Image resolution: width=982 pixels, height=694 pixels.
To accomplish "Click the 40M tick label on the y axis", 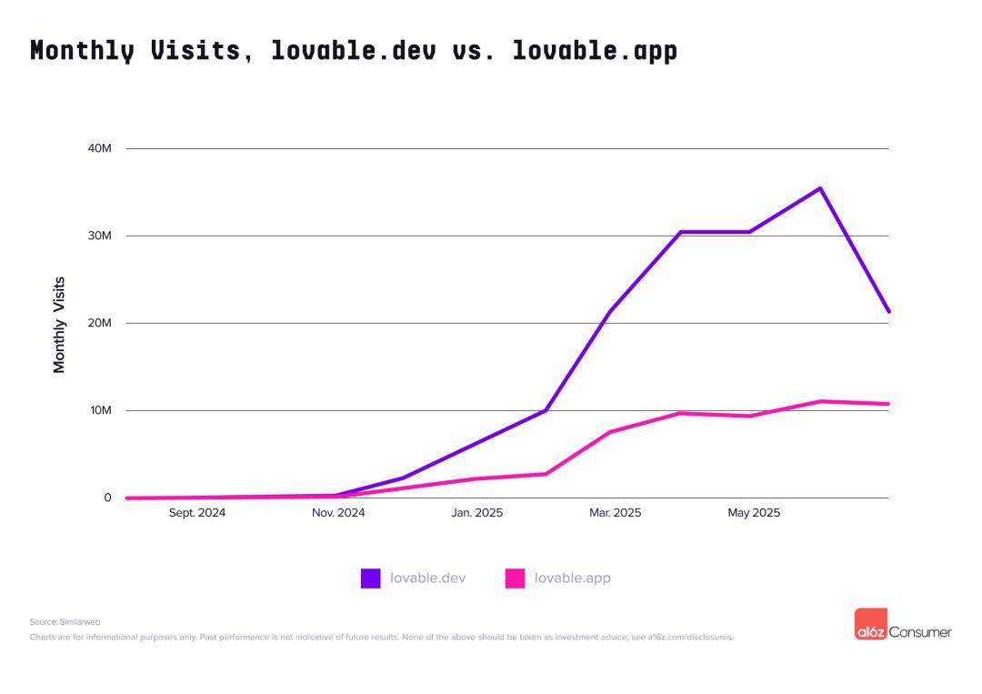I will [x=99, y=148].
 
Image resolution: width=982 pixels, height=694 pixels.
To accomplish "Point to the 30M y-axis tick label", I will [x=99, y=236].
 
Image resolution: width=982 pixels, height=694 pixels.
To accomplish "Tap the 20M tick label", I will [x=99, y=323].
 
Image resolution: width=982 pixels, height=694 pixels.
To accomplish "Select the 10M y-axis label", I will [x=99, y=410].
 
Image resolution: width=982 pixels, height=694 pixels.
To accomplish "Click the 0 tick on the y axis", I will [x=107, y=498].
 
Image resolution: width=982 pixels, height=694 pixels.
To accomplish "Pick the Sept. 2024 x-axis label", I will [x=197, y=513].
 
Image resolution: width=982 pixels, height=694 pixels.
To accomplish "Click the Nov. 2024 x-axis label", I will [x=338, y=513].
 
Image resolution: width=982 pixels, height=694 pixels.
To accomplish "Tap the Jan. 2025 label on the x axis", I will [x=476, y=513].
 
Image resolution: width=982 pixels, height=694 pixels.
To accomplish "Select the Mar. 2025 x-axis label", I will [x=615, y=513].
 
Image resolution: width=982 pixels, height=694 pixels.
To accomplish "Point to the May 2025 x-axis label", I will [x=754, y=513].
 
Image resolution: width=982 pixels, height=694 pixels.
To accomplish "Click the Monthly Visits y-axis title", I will [x=60, y=325].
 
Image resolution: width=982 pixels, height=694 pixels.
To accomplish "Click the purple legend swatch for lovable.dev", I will [x=370, y=578].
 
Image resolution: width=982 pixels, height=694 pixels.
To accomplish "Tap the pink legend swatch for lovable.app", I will [x=515, y=578].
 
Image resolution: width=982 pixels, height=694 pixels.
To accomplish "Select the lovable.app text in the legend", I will [x=572, y=578].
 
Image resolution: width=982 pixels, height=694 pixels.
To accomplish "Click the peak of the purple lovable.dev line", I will [x=820, y=188].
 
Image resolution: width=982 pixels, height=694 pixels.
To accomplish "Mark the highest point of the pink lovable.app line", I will [x=820, y=401].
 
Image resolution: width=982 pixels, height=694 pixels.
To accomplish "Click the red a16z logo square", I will [x=870, y=624].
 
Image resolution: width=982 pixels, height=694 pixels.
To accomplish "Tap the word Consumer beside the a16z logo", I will [x=920, y=631].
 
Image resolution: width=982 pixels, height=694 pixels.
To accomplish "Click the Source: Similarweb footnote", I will [x=65, y=622].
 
